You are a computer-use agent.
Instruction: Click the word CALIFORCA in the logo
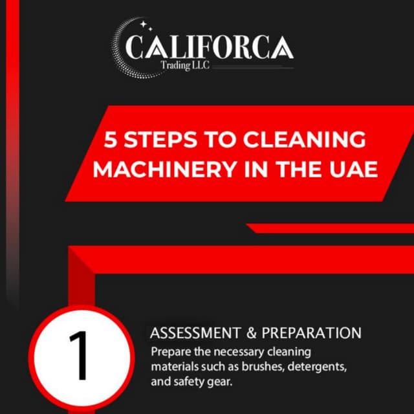pos(210,46)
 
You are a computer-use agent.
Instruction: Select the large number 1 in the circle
pos(79,357)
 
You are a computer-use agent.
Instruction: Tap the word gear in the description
pos(221,382)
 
